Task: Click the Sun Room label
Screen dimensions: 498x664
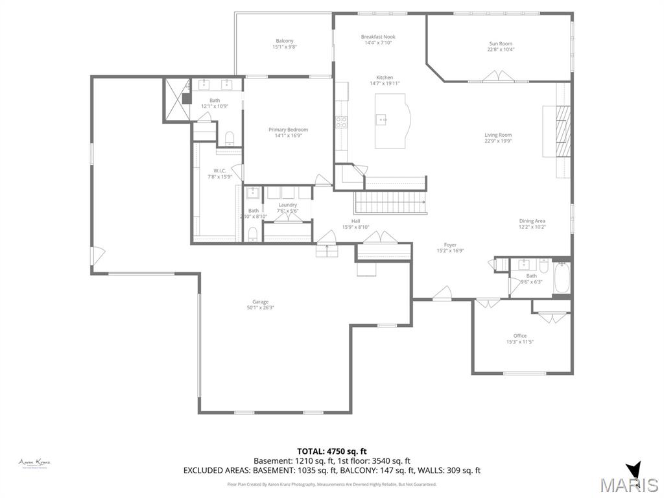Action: (x=500, y=43)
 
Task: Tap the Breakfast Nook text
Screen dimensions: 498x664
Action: (x=378, y=37)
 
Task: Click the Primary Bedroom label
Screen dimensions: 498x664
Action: (x=288, y=130)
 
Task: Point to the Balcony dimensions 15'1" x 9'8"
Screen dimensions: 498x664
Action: (x=284, y=47)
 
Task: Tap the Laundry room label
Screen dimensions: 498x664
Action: (x=287, y=205)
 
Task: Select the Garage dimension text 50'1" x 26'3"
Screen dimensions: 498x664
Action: (x=260, y=308)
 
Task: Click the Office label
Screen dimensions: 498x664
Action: (x=519, y=336)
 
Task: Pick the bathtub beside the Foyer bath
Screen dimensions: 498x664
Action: (x=562, y=278)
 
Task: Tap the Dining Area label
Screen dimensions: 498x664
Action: (x=532, y=221)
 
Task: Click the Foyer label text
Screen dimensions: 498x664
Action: (x=450, y=245)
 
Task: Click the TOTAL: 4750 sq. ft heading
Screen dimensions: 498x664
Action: (x=331, y=451)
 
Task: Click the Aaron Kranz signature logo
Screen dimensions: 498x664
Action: (x=34, y=463)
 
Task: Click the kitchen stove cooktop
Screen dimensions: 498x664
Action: (x=341, y=121)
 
